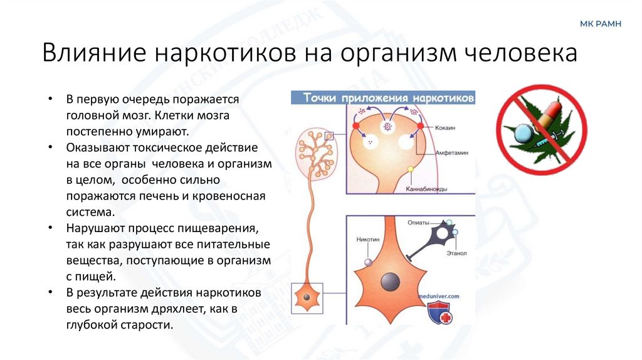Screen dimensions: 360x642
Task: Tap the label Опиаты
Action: coord(418,222)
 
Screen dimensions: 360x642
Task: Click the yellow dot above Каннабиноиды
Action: coord(411,169)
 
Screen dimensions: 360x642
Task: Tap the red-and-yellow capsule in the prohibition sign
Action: coord(550,115)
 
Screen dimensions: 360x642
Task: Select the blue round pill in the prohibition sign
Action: coord(525,133)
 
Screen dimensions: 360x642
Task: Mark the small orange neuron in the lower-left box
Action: coord(307,297)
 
